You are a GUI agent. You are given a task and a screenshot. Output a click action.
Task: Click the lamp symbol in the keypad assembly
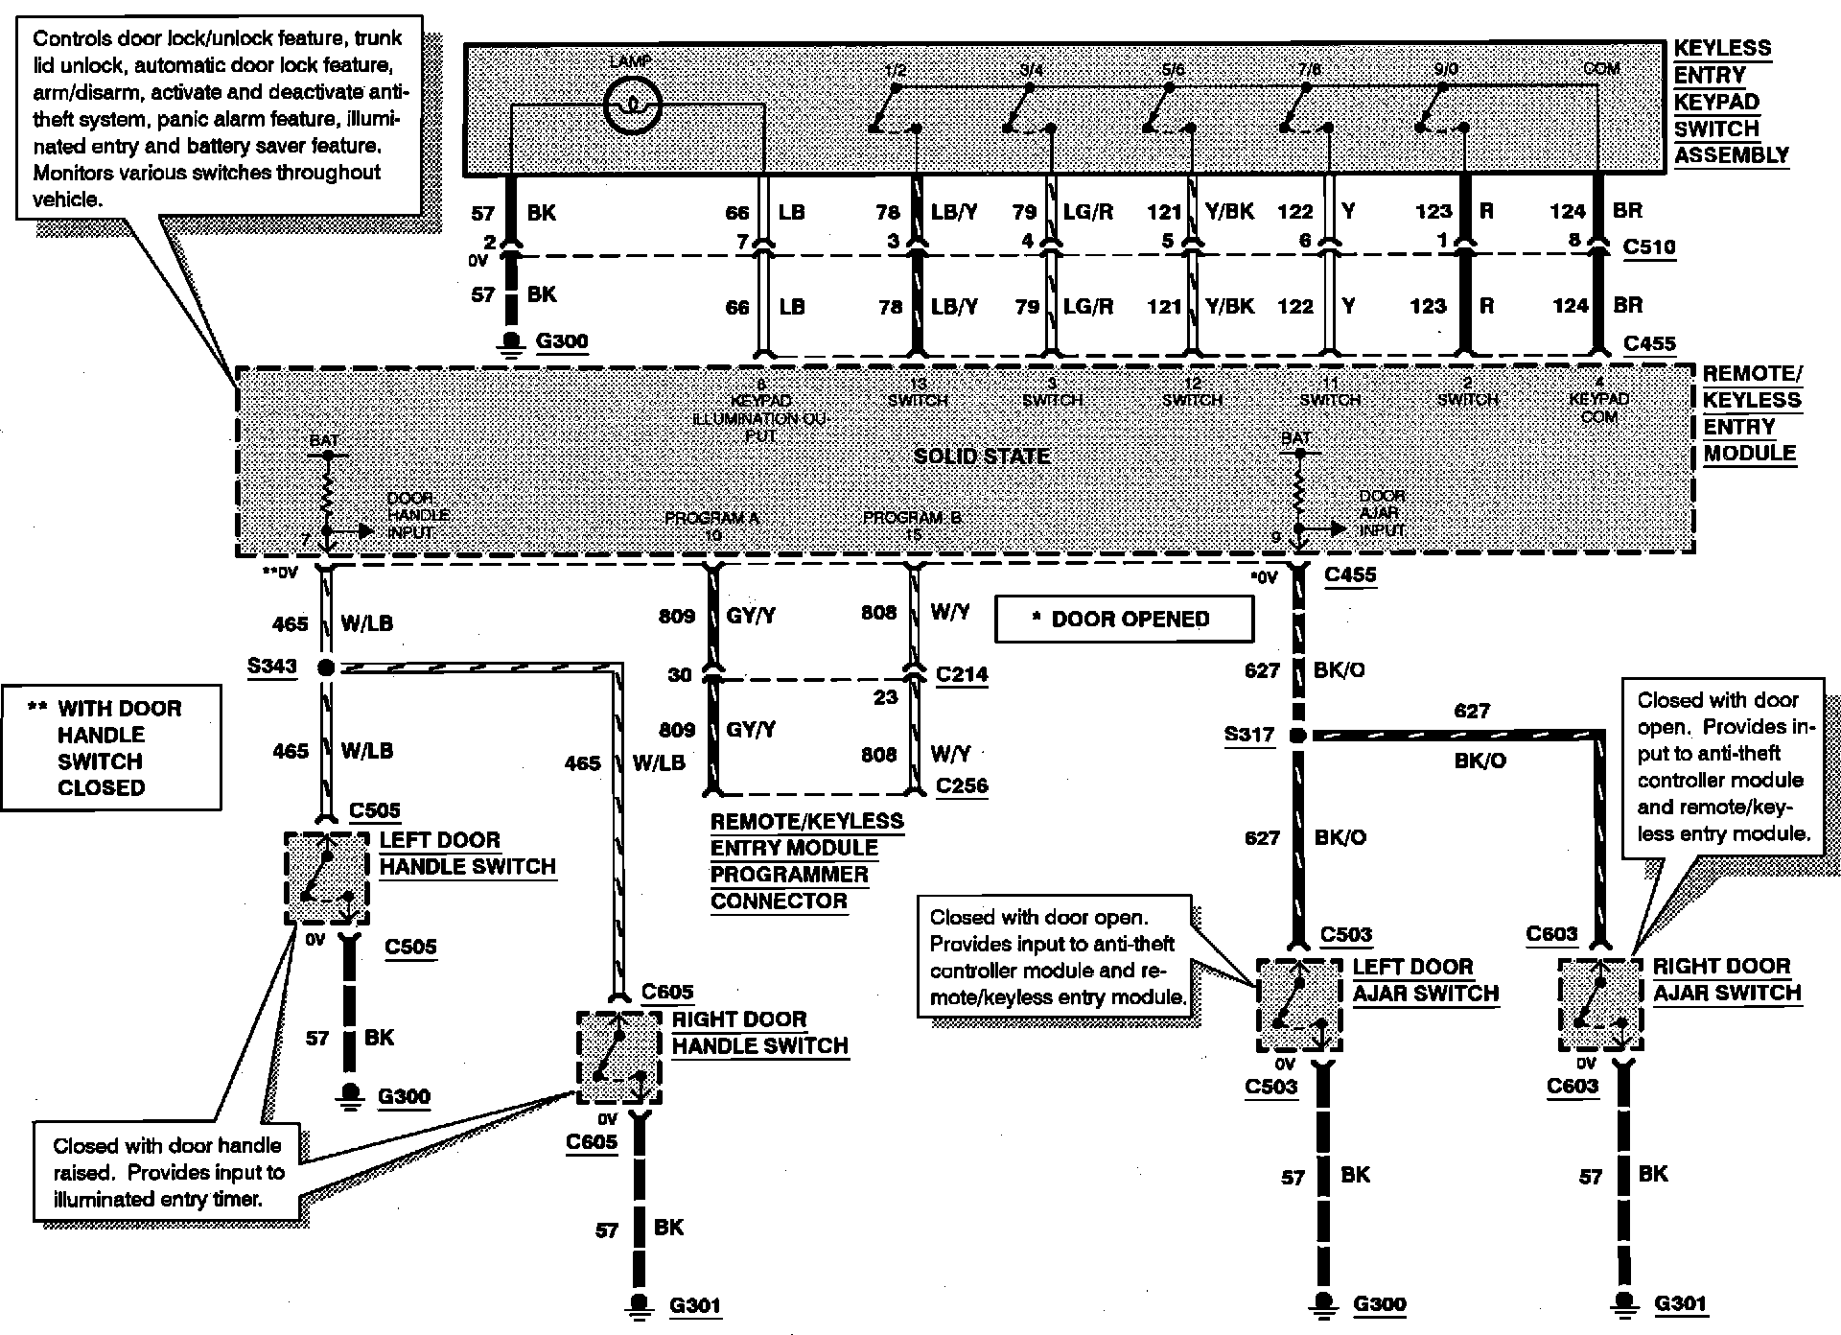[x=632, y=105]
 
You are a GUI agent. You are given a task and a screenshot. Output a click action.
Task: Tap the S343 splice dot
[x=326, y=667]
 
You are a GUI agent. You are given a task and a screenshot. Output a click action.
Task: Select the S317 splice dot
[x=1297, y=736]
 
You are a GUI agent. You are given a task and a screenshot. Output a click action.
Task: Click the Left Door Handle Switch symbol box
[x=327, y=878]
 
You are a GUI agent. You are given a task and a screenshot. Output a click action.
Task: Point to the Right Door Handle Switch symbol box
[x=619, y=1058]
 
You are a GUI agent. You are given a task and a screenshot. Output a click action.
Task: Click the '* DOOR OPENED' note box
[x=1124, y=620]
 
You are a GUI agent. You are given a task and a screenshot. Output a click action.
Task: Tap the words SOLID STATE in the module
[x=981, y=457]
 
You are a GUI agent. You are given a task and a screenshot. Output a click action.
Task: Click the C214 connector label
[x=962, y=674]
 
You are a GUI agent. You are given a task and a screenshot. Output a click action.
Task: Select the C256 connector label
[x=962, y=785]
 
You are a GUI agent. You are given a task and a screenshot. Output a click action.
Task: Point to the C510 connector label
[x=1649, y=247]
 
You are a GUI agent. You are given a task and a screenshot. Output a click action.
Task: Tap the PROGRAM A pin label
[x=711, y=519]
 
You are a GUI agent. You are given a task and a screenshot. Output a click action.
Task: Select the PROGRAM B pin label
[x=912, y=519]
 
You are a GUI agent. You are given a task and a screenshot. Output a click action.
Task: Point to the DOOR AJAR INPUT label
[x=1382, y=512]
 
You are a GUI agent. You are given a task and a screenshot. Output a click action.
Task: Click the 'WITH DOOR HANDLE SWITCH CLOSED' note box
[x=111, y=747]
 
